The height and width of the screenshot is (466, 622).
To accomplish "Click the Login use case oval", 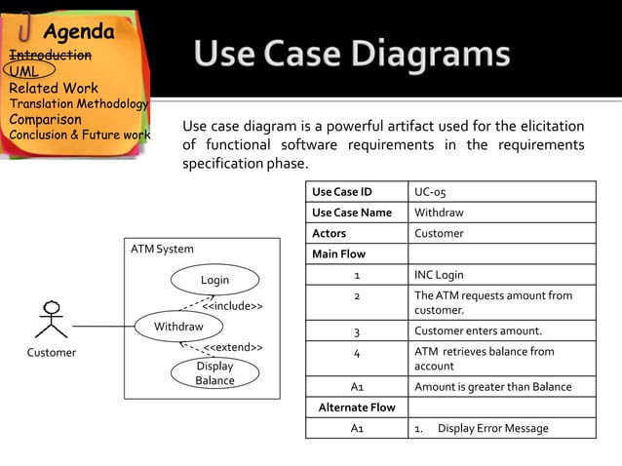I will click(x=214, y=280).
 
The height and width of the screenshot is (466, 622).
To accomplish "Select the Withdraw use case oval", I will click(x=178, y=327).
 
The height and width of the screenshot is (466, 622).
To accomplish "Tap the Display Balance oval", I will click(x=214, y=373).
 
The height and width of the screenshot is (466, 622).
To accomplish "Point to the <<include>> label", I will click(x=231, y=306).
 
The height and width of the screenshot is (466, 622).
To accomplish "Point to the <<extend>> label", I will click(x=232, y=347).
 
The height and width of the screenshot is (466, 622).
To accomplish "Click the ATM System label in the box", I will click(x=162, y=250).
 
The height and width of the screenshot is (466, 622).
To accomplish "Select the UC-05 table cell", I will click(x=431, y=191).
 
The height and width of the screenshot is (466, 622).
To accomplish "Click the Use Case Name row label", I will click(x=351, y=213).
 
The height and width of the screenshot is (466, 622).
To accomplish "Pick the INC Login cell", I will click(x=439, y=275).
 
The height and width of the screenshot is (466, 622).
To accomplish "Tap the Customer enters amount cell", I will click(x=478, y=330).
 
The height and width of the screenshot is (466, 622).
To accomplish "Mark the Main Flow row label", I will click(x=338, y=254).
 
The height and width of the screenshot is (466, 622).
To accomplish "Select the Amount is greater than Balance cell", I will click(x=492, y=387).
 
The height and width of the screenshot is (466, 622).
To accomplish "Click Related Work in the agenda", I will click(x=54, y=89).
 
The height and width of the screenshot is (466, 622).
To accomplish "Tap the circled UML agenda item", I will click(x=25, y=71).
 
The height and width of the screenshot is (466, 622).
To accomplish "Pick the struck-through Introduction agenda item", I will click(x=51, y=55).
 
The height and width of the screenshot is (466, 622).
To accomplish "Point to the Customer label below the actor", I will click(x=51, y=353).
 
